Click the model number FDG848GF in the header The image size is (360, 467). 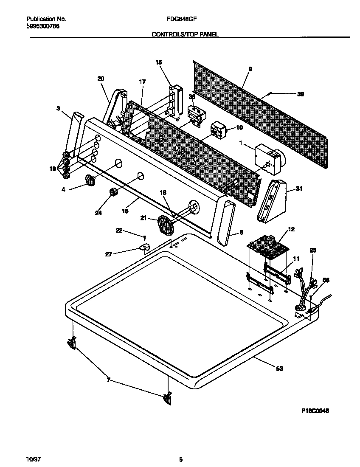(x=180, y=19)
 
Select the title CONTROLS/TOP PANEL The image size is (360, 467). (x=185, y=34)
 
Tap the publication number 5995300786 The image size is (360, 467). (x=42, y=26)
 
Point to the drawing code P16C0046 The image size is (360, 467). (x=315, y=411)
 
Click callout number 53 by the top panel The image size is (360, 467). (x=279, y=369)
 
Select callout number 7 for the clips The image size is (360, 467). (x=109, y=380)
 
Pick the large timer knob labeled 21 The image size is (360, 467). (x=165, y=224)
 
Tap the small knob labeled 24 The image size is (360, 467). (x=113, y=192)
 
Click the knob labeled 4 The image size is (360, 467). (x=90, y=180)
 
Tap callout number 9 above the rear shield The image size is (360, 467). (x=250, y=69)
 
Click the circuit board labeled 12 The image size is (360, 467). (x=267, y=248)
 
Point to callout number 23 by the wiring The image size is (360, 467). (x=313, y=250)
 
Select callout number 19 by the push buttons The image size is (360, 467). (x=53, y=169)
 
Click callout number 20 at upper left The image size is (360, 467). (x=101, y=79)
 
